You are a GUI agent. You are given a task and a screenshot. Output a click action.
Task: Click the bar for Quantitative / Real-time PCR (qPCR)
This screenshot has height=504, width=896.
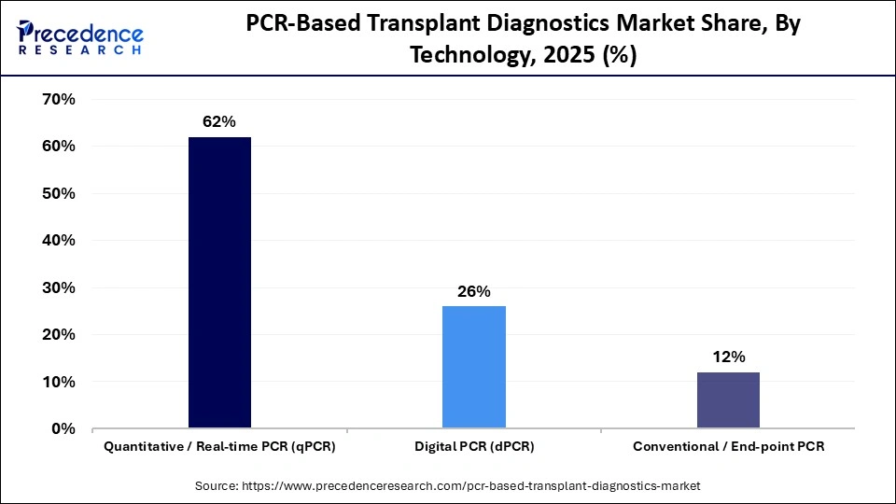click(219, 283)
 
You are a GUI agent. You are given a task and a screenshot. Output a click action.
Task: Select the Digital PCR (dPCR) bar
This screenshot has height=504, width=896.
click(474, 367)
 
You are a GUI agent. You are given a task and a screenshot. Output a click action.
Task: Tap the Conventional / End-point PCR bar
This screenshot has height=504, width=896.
click(728, 400)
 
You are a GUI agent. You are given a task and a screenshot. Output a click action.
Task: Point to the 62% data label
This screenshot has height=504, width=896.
click(219, 122)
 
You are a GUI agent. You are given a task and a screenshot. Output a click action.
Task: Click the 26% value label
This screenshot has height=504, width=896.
click(474, 291)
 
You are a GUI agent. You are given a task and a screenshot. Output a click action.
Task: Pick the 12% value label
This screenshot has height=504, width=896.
click(728, 357)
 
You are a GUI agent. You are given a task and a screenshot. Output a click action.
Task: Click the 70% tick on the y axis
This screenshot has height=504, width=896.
click(58, 99)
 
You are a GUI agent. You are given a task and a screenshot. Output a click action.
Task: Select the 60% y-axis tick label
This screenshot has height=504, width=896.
click(58, 147)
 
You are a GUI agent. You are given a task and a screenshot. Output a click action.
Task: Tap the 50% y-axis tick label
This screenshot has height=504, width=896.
click(58, 193)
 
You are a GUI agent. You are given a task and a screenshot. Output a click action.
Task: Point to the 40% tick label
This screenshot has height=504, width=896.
click(58, 241)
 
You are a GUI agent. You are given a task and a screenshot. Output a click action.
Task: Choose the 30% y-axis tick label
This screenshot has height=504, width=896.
click(58, 287)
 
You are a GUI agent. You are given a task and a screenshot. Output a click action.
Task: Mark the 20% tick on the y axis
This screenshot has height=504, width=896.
click(58, 335)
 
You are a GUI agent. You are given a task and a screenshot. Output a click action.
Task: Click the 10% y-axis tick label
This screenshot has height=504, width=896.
click(58, 382)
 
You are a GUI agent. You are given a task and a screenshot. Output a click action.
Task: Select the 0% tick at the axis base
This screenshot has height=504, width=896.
click(63, 429)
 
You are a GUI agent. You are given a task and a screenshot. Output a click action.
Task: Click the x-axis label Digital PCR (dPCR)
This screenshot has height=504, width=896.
click(474, 447)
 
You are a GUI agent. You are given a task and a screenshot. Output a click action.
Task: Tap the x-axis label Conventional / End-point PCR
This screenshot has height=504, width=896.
click(728, 447)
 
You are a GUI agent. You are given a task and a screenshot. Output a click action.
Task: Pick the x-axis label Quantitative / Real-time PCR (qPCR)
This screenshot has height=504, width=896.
click(219, 447)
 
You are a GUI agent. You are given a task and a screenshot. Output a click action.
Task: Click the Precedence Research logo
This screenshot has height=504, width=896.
click(80, 37)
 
